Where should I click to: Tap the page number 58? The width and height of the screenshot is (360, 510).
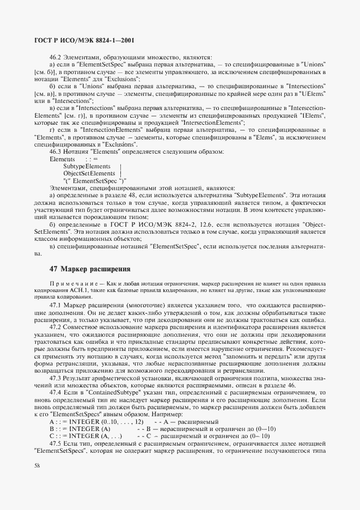coord(36,464)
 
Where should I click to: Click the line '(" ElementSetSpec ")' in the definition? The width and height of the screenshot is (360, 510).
coord(94,180)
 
